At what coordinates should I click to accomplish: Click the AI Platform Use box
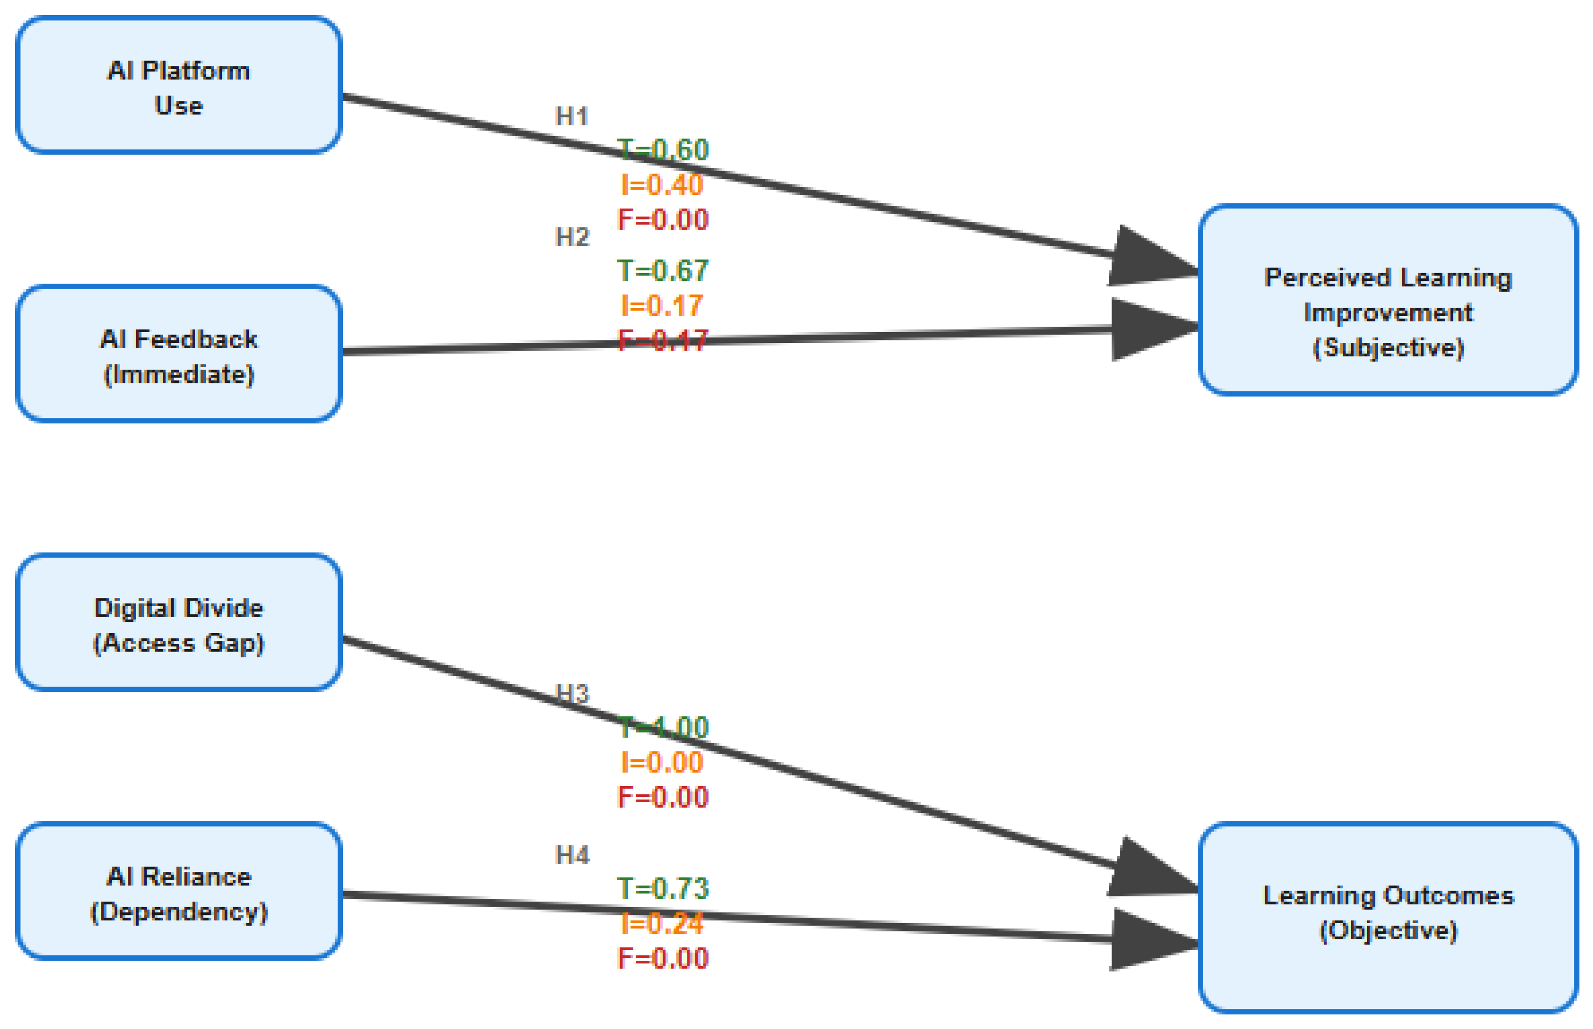(179, 85)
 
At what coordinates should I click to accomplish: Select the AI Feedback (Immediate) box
(179, 354)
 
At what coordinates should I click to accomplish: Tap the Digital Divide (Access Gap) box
(179, 623)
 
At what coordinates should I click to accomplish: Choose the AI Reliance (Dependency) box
(179, 891)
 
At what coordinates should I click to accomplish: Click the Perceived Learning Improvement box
(1388, 300)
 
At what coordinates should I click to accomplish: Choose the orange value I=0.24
(662, 924)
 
